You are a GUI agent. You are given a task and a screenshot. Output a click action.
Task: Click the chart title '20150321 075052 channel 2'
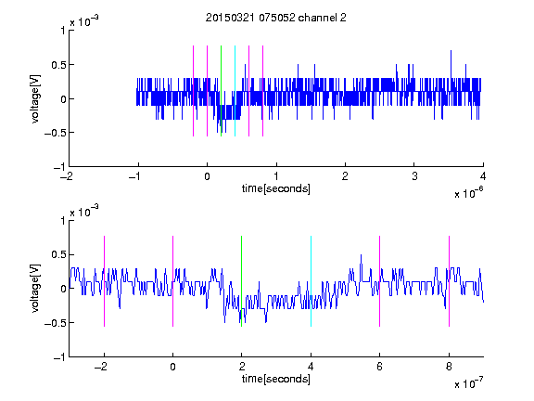pos(276,18)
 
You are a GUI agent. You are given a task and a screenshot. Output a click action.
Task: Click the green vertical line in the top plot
pos(221,91)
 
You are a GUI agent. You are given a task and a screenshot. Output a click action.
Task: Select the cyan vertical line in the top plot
pos(235,91)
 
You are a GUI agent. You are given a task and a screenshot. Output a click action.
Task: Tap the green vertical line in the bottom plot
pos(241,281)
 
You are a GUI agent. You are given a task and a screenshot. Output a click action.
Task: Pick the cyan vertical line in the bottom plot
pos(311,281)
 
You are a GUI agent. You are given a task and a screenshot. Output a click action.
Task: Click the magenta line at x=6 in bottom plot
pos(380,281)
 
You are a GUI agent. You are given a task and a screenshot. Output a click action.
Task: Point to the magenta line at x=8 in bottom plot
pos(450,281)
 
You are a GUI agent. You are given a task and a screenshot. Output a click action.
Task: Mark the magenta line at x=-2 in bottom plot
pos(104,281)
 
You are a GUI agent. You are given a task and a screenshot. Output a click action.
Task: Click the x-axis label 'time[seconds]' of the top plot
pos(276,188)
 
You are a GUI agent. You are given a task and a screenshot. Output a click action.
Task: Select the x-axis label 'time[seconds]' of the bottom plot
pos(276,379)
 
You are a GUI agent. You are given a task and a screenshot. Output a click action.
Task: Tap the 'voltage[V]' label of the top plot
pos(35,98)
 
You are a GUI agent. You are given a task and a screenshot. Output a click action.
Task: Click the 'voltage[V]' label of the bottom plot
pos(35,288)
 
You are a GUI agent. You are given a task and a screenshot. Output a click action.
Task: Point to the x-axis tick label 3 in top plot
pos(414,176)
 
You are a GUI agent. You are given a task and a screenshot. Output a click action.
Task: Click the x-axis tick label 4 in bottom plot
pos(311,367)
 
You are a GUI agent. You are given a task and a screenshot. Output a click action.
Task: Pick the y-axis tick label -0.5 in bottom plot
pos(55,323)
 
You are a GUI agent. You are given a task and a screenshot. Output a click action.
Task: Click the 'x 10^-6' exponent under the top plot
pos(468,193)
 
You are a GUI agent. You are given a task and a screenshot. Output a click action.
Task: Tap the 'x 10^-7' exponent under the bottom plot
pos(468,383)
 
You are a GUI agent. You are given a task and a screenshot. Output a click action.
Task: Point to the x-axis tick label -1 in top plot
pos(135,176)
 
